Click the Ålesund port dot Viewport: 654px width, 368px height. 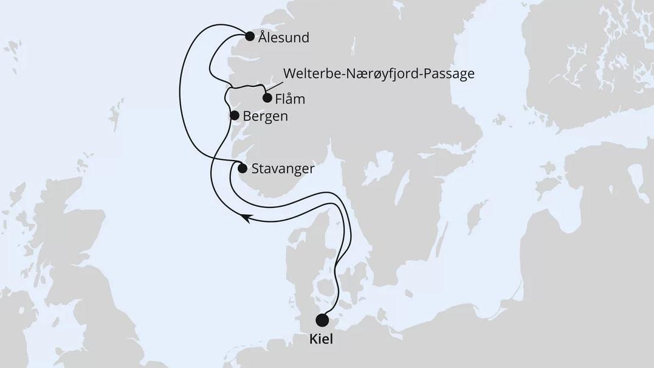point(249,36)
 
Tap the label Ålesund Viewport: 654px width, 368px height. point(283,38)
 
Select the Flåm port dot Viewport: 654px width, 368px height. point(267,98)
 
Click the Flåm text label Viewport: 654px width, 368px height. point(290,99)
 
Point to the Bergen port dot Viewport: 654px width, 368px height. point(234,115)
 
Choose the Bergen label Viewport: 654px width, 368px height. point(265,116)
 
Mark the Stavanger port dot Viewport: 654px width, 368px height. point(243,168)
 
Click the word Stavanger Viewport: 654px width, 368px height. point(282,169)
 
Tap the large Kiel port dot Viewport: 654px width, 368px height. point(322,321)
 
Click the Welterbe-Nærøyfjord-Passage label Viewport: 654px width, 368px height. point(378,74)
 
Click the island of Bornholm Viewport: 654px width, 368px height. point(450,291)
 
